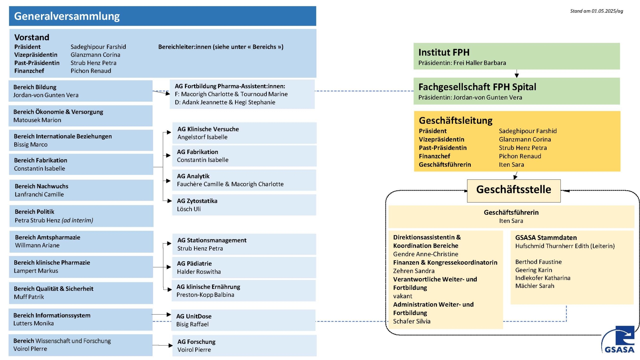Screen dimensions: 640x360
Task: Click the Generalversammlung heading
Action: point(67,16)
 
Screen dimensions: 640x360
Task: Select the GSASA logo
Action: point(618,340)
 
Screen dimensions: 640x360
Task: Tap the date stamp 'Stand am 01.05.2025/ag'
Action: point(596,11)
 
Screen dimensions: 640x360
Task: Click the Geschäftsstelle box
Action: point(514,191)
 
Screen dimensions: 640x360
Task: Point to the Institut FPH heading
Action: point(444,52)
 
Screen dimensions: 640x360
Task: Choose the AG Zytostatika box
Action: point(244,205)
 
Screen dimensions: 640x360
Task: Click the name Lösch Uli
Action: point(189,209)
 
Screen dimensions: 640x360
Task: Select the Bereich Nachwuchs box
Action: point(81,190)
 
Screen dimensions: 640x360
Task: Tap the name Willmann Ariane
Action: point(37,245)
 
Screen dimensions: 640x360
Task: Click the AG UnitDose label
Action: point(194,316)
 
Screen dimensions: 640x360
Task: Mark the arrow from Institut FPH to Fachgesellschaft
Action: point(517,74)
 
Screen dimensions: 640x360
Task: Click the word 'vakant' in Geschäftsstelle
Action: point(403,296)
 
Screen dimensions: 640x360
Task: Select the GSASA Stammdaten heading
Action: point(546,238)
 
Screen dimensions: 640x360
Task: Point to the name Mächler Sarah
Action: point(535,286)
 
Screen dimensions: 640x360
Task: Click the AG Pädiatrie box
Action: point(244,267)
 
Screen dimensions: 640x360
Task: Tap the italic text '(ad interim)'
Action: point(77,220)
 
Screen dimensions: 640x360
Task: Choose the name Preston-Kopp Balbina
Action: point(205,295)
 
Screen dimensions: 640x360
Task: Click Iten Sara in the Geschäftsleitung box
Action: point(511,165)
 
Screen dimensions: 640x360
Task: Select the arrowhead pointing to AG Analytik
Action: point(168,181)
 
